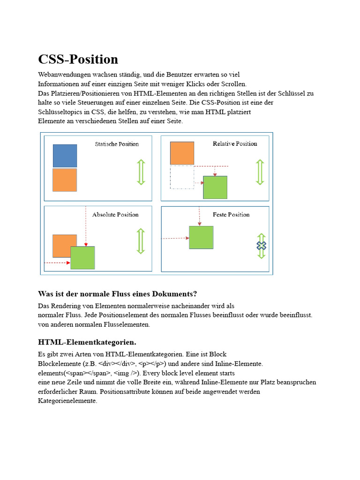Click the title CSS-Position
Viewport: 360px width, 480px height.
78,60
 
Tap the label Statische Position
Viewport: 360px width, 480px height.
117,144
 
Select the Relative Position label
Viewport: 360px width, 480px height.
235,143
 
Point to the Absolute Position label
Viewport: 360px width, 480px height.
115,215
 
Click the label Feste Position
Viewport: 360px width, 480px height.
231,215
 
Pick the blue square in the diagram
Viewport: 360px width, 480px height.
65,156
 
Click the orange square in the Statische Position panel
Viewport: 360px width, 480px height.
65,180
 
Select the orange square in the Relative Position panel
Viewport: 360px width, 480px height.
182,153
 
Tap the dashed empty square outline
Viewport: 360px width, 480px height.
182,177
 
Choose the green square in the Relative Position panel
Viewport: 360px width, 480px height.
215,187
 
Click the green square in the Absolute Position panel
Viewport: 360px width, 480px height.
83,258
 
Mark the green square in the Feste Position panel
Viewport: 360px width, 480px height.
201,237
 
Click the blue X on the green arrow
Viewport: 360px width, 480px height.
261,246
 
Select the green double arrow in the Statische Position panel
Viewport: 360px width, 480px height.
141,172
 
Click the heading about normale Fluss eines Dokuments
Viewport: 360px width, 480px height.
117,294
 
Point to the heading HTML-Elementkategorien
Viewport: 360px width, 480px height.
87,342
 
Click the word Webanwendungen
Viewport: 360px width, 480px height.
61,75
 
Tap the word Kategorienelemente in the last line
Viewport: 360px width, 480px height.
67,401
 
